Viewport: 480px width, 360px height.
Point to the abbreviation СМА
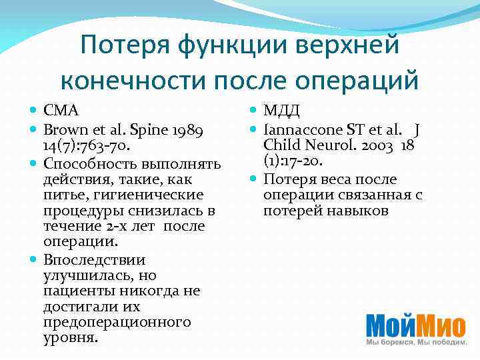[x=62, y=109]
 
